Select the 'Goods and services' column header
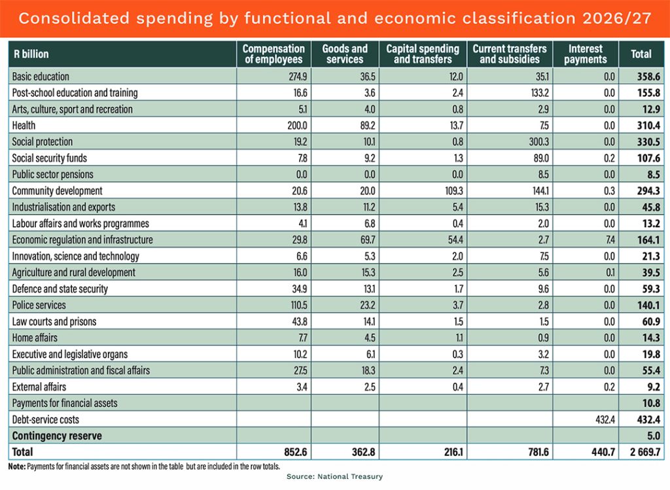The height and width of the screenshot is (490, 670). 345,54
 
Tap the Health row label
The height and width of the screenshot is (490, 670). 24,125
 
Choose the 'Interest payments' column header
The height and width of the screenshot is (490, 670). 585,54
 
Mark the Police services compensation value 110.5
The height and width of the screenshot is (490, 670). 292,305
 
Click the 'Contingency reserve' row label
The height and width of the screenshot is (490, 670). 57,435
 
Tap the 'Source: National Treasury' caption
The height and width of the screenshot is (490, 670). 334,477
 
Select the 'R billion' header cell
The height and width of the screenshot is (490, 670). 31,54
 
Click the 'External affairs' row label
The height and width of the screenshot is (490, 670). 39,386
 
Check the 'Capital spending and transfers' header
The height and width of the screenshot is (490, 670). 423,54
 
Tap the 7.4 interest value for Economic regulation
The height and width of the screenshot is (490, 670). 608,239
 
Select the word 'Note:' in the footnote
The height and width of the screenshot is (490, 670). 16,466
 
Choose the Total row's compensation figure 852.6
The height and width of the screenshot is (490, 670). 291,451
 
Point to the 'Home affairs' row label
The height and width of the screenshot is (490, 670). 35,338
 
